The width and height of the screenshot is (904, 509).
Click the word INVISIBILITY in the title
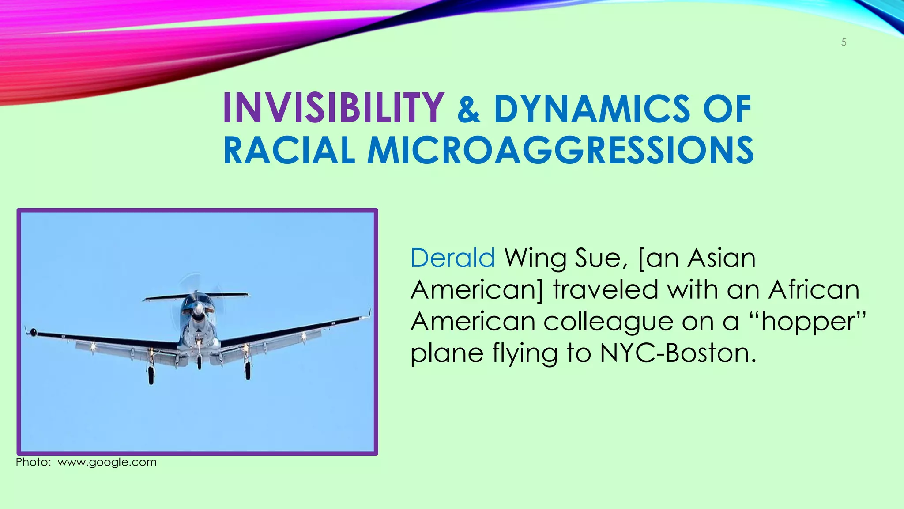click(333, 108)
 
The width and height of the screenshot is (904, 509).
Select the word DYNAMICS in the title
click(591, 109)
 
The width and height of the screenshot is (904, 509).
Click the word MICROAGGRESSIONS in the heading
click(561, 151)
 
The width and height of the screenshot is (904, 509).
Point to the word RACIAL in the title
click(289, 151)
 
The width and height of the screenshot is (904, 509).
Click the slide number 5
click(844, 42)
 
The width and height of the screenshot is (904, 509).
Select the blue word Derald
click(452, 258)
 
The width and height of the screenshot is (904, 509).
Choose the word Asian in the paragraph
click(721, 258)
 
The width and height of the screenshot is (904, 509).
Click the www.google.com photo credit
click(107, 463)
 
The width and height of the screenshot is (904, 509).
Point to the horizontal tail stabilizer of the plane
click(196, 296)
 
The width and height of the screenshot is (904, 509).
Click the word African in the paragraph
click(814, 290)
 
